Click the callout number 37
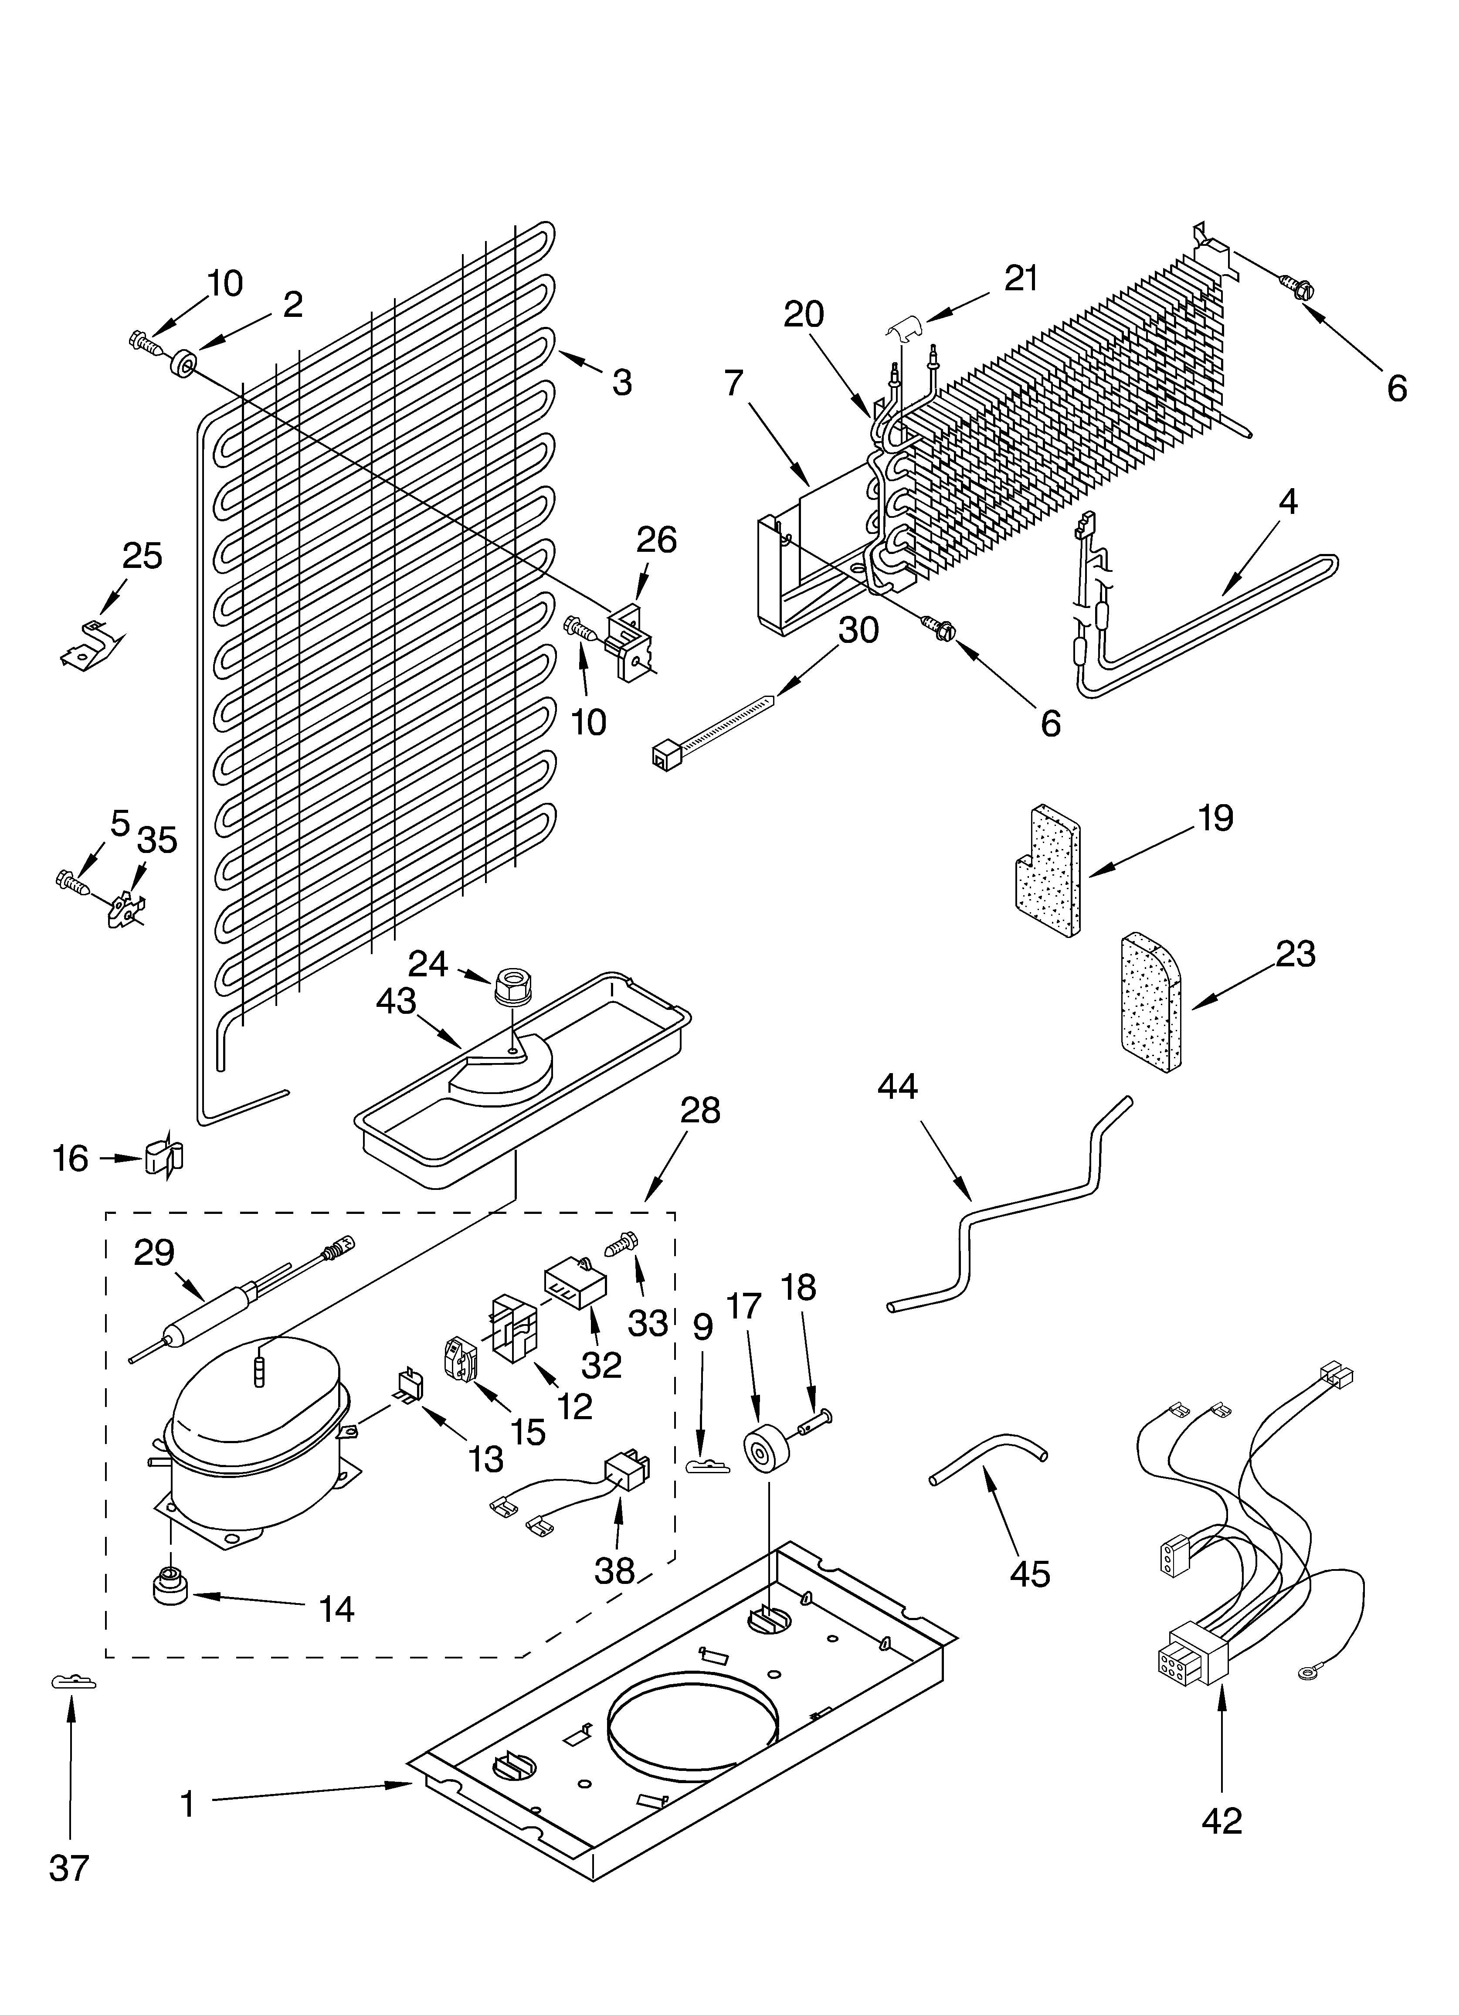coord(69,1893)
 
